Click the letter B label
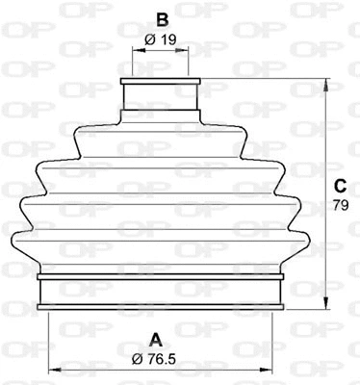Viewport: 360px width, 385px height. [x=163, y=18]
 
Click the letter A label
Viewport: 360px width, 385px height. [x=153, y=338]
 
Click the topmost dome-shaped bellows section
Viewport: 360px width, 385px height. [x=161, y=130]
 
